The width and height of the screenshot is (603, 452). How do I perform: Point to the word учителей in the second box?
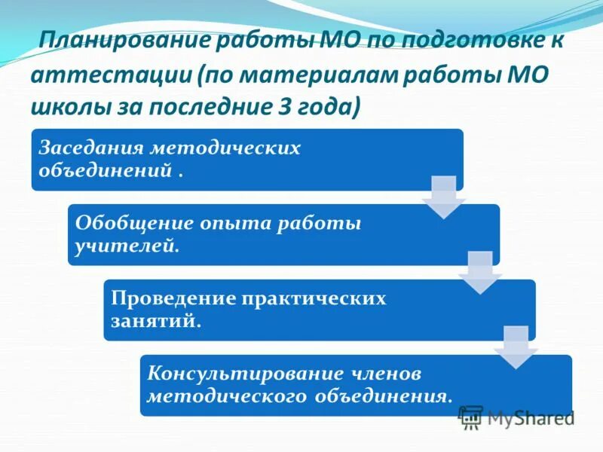click(125, 245)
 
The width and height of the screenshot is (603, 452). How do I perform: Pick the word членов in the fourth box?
click(384, 374)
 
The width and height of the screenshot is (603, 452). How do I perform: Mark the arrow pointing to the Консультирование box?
click(516, 347)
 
